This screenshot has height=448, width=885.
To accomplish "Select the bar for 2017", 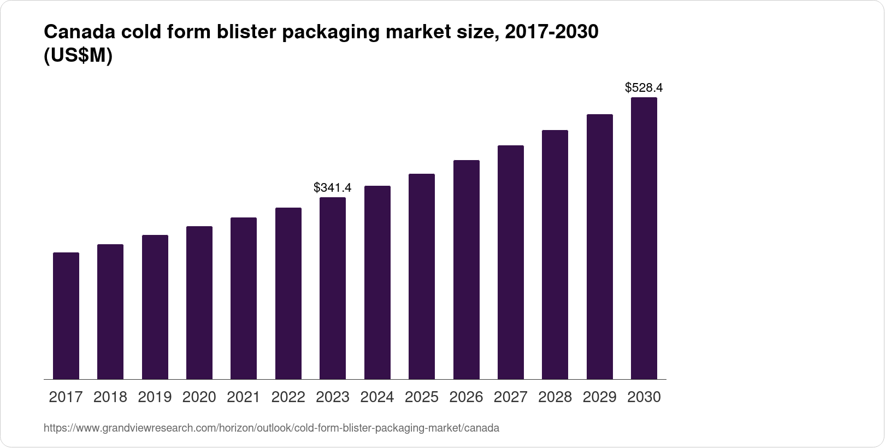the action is pos(66,316).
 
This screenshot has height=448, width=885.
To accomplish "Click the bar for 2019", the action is pos(155,307).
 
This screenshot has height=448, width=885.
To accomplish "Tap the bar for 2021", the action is pos(244,298).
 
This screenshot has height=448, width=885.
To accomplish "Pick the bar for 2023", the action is pos(333,288).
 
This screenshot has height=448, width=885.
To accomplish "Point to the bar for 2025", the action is pos(422,276).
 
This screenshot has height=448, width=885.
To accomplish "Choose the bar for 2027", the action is pos(511,262).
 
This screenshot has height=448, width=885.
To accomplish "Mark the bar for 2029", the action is pos(600,247).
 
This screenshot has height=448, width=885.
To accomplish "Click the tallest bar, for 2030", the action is pos(644,238).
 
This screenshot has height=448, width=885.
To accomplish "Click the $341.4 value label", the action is pos(333,187).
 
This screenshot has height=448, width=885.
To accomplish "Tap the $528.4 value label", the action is pos(644,87).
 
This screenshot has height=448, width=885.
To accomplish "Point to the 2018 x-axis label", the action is pos(110,397).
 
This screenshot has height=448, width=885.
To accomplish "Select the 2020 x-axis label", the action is pos(199,397).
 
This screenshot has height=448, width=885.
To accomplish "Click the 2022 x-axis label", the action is pos(288,397).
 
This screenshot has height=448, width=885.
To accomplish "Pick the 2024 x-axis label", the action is pos(377,397).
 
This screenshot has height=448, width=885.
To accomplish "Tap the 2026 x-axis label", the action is pos(466,397).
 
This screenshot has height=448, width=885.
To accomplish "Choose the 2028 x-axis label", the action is pos(555,397).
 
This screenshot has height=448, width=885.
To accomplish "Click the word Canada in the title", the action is pos(79,32).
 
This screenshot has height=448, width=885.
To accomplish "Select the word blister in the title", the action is pos(246,32).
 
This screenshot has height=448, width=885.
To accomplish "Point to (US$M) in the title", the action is pos(78,55).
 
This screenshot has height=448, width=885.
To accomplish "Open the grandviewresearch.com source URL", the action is pos(272,428).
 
